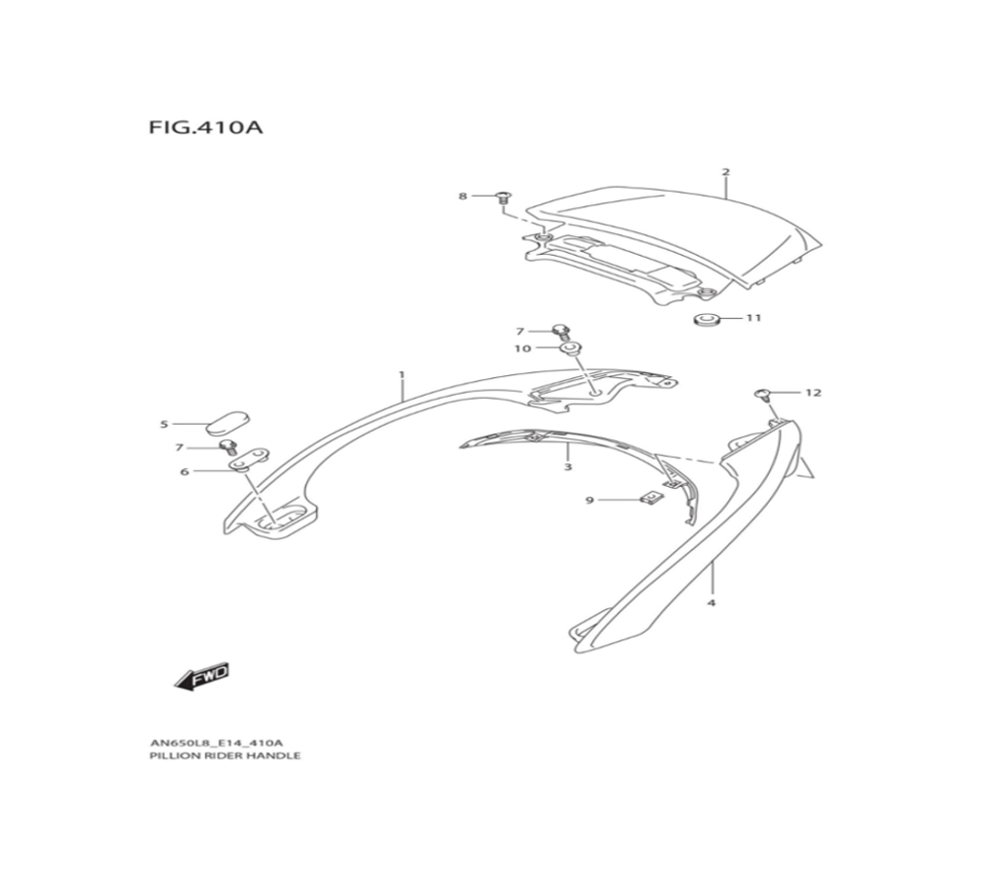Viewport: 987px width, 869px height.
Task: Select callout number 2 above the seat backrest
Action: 725,173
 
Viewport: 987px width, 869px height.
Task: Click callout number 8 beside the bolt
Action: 462,197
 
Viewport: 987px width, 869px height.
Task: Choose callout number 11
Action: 754,319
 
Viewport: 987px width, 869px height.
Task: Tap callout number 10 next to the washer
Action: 522,349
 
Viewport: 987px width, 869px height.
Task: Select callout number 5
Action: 164,425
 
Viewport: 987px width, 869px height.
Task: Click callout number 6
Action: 184,472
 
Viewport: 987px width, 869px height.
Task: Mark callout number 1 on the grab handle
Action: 402,375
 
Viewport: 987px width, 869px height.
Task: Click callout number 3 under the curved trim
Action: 568,466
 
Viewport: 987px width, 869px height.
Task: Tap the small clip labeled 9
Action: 652,500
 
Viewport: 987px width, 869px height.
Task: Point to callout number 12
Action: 812,392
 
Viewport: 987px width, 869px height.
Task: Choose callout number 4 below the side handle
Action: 711,601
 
